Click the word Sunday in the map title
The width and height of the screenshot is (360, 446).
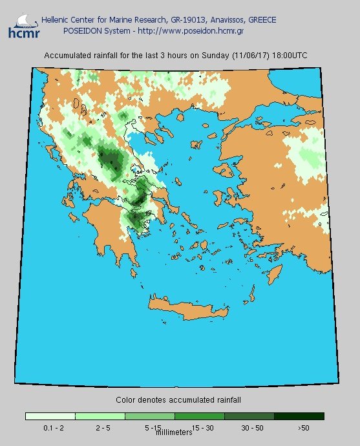click(x=207, y=56)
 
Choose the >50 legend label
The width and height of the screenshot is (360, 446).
click(x=303, y=427)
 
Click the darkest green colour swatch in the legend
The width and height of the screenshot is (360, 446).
click(x=299, y=416)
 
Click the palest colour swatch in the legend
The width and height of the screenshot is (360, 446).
click(x=50, y=416)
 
